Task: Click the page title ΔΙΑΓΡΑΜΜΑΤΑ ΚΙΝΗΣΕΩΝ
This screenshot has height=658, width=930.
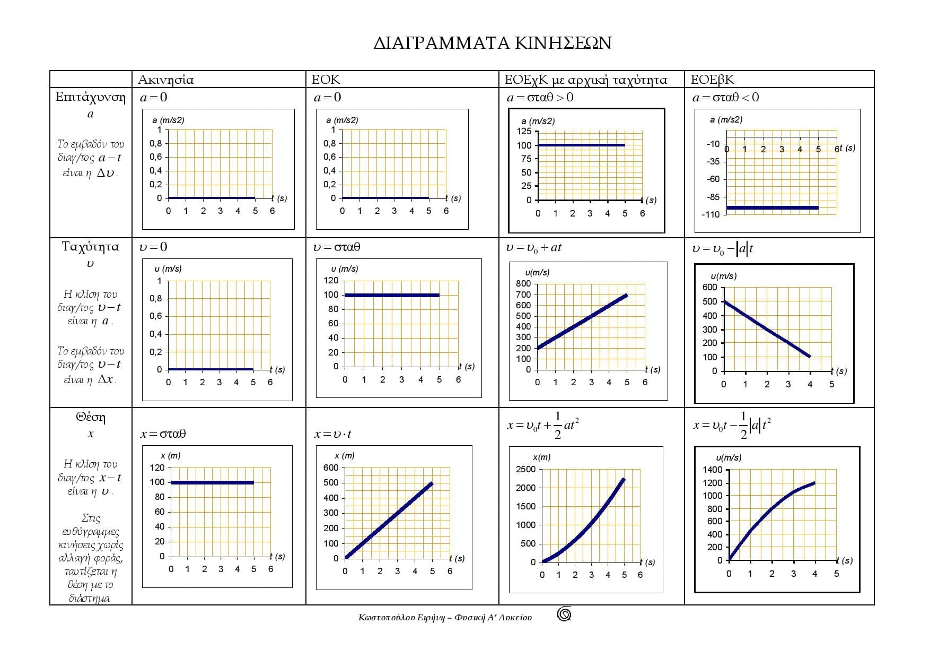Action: [492, 43]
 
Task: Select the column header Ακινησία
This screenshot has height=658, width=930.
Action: [165, 80]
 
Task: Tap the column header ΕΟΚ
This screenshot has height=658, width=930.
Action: [326, 80]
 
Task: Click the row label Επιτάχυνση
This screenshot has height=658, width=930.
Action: [90, 98]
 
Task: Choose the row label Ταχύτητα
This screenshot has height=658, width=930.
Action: [90, 247]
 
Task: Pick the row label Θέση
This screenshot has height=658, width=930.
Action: [90, 418]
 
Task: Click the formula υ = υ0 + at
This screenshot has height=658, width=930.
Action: [533, 248]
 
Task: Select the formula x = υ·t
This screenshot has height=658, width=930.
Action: [332, 434]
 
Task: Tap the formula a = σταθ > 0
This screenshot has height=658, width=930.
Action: [540, 98]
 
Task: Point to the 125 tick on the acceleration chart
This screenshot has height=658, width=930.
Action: [524, 132]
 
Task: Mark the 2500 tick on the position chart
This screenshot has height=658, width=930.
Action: [525, 469]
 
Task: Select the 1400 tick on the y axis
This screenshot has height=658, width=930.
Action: [713, 470]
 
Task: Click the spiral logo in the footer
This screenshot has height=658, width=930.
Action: [564, 614]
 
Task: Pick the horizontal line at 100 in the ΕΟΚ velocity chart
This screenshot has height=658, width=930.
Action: [392, 295]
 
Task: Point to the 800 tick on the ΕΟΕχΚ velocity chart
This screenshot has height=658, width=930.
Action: [523, 284]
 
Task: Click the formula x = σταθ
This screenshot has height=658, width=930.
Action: [163, 434]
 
